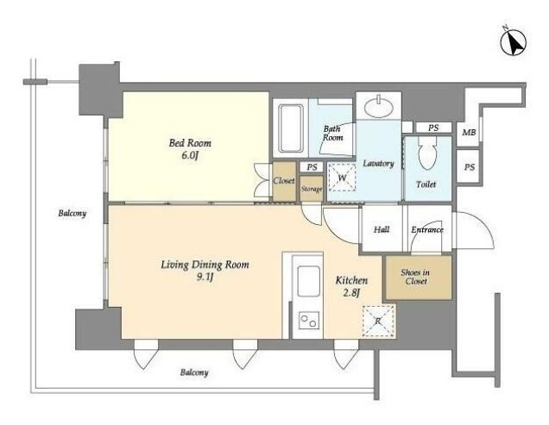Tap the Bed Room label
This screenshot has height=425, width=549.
coord(190,143)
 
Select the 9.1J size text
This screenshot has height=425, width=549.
coord(205,278)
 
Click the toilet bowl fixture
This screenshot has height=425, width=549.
coord(427,152)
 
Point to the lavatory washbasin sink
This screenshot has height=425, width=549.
coord(378,106)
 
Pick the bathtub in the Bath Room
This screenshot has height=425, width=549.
coord(291,128)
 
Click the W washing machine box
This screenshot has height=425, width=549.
coord(342,178)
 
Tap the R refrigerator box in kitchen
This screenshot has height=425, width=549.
coord(378,321)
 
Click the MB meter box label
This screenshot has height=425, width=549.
coord(469,133)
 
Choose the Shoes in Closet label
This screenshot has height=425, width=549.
coord(415,277)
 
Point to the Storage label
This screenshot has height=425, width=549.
coord(312,190)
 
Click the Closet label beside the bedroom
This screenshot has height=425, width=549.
coord(284,181)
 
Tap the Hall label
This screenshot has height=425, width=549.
coord(382,229)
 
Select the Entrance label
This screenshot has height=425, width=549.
coord(427,230)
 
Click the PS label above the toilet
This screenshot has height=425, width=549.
coord(433,128)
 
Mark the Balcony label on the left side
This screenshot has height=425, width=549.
coord(73,213)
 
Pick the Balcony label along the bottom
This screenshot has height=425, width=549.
coord(194,372)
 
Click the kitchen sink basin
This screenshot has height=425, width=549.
coord(308,281)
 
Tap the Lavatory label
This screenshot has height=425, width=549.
coord(378,163)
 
